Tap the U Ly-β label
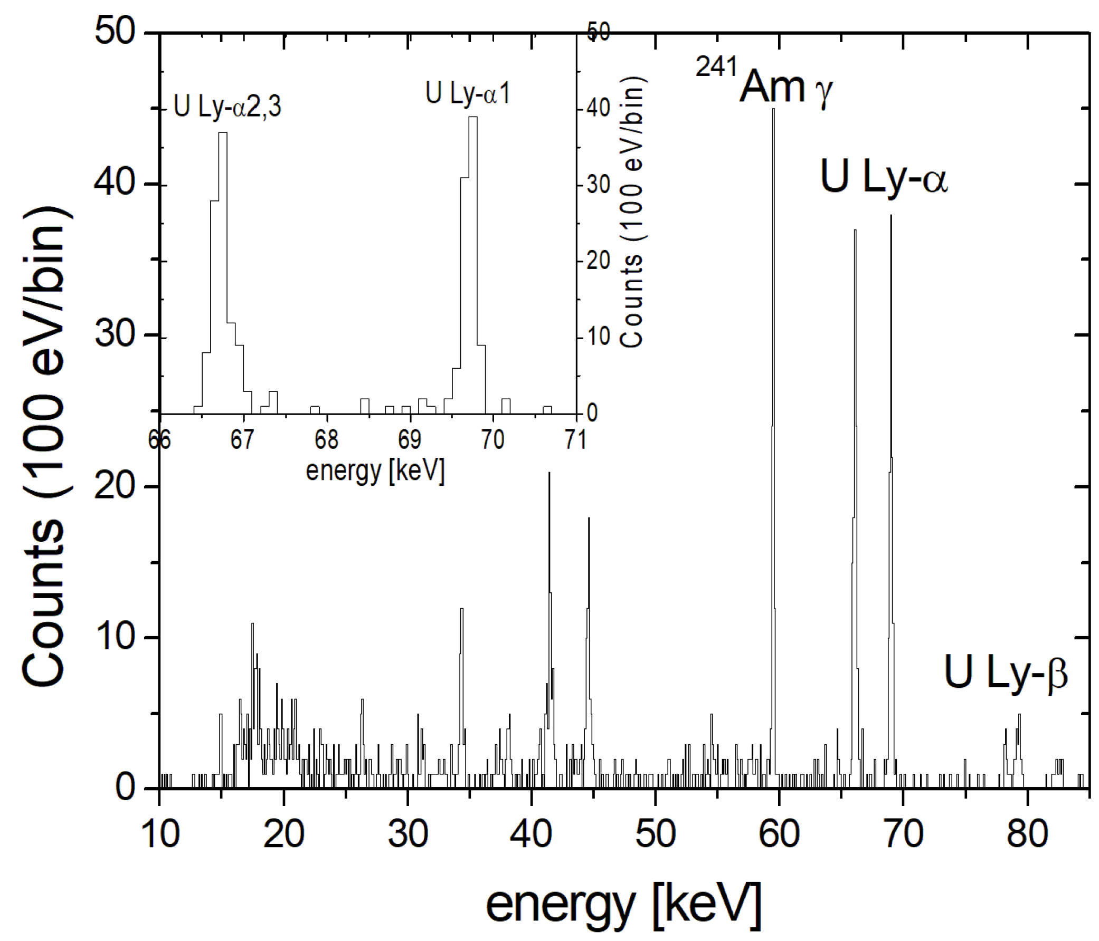pyautogui.click(x=1006, y=672)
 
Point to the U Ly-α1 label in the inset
pyautogui.click(x=467, y=94)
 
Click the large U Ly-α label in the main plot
pyautogui.click(x=884, y=177)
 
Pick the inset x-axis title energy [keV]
pyautogui.click(x=375, y=470)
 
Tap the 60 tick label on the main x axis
pyautogui.click(x=779, y=833)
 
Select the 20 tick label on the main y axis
pyautogui.click(x=115, y=486)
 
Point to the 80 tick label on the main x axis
pyautogui.click(x=1027, y=833)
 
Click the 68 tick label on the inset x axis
pyautogui.click(x=326, y=439)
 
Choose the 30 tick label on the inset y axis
pyautogui.click(x=598, y=185)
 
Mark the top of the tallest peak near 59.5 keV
pyautogui.click(x=773, y=109)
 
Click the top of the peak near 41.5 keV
pyautogui.click(x=549, y=474)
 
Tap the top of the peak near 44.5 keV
pyautogui.click(x=588, y=518)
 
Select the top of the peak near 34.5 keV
pyautogui.click(x=461, y=609)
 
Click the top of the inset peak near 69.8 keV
pyautogui.click(x=472, y=118)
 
